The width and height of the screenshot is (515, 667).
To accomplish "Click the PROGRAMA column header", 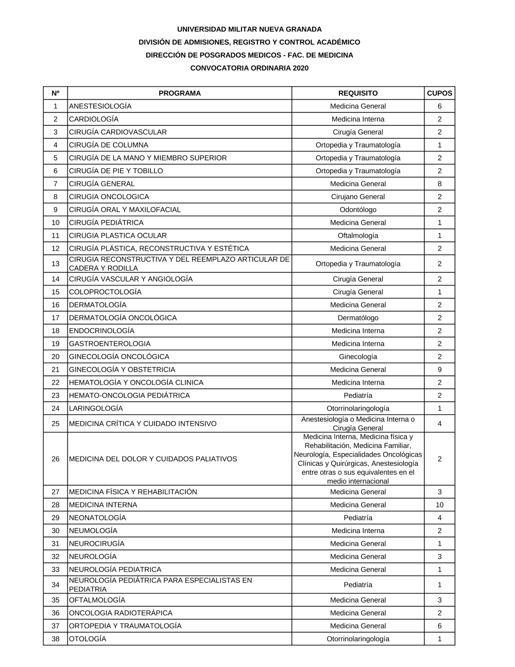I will tap(179, 93).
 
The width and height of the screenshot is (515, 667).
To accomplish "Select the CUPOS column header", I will tap(439, 93).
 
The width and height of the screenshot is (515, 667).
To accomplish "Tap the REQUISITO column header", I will tap(358, 93).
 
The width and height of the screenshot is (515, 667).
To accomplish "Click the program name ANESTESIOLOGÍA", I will tap(100, 106).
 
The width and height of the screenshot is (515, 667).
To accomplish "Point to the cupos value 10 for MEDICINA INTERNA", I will tap(439, 505).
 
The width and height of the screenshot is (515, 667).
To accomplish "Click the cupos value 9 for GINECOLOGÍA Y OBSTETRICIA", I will tap(439, 370).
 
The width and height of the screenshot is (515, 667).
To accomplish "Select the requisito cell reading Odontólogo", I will tap(358, 210).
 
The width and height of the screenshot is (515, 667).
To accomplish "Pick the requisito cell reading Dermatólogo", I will tap(358, 318).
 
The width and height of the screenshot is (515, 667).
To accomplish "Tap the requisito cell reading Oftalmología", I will tap(358, 236).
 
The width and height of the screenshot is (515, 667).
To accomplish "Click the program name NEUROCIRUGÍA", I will tap(97, 543).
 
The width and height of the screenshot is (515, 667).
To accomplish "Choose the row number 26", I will tap(56, 459).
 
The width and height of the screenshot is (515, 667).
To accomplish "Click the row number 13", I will tap(56, 263).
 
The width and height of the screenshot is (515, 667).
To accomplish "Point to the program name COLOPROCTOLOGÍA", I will tap(105, 292).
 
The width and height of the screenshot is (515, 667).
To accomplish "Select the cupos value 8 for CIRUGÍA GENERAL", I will tap(439, 184).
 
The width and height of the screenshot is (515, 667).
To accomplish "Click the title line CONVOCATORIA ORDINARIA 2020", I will tap(249, 68).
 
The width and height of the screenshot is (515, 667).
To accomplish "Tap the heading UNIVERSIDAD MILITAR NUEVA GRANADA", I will tap(249, 29).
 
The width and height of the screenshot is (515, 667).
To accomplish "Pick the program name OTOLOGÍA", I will tap(88, 639).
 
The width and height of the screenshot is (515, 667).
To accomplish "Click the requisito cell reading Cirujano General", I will tap(358, 196).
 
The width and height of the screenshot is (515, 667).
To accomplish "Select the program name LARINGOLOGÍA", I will tap(96, 408).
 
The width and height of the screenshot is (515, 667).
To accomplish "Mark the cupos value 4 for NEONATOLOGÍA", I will tap(439, 518).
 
